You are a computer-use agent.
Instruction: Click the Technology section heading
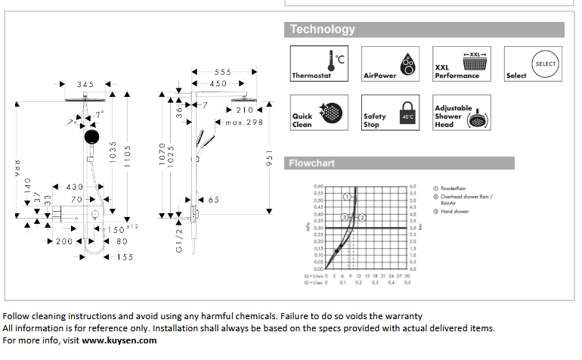click(323, 29)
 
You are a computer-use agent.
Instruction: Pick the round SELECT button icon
click(544, 64)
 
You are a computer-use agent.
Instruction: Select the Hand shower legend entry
click(454, 212)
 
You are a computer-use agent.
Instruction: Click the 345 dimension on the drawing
click(86, 85)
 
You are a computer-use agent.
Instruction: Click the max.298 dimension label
click(243, 122)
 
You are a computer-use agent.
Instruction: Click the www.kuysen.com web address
click(119, 340)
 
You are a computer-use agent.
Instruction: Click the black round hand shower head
click(91, 137)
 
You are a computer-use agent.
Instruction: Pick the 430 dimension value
click(75, 187)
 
